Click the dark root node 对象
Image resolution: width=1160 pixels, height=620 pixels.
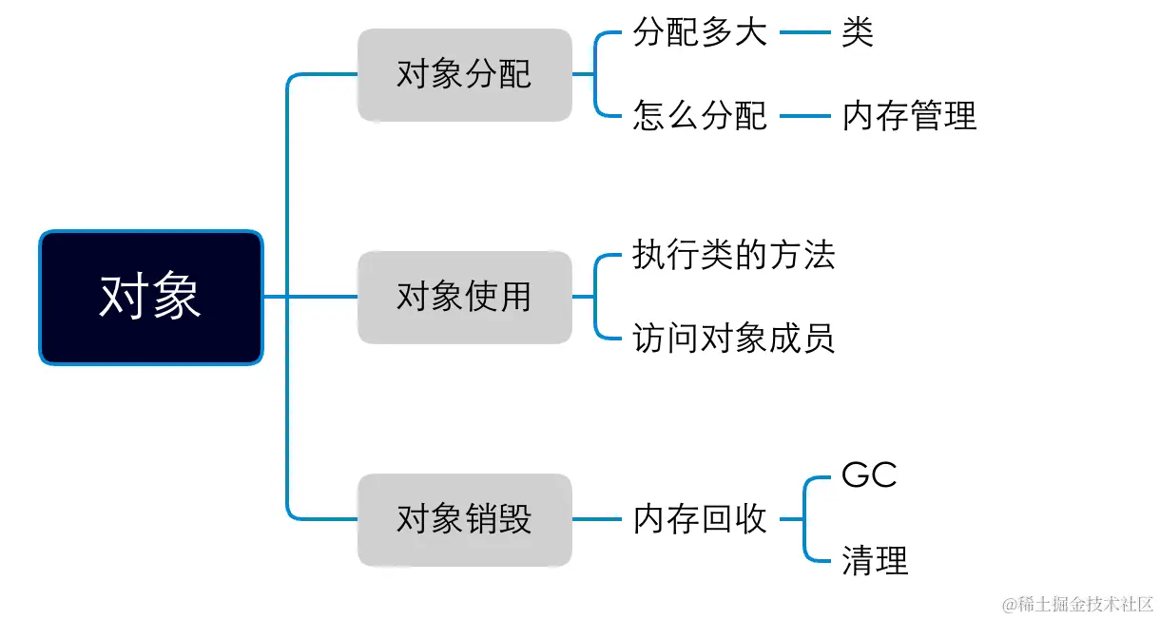point(150,298)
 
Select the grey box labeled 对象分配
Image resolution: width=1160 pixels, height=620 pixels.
point(464,75)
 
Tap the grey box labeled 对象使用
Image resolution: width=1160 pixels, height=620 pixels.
point(464,298)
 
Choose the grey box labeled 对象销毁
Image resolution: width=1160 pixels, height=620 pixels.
point(464,520)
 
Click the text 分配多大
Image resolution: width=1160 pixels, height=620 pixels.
point(700,34)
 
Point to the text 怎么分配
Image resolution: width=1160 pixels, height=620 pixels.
point(700,116)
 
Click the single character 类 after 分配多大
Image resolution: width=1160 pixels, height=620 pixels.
point(858,34)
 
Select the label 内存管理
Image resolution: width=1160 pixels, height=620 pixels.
point(909,116)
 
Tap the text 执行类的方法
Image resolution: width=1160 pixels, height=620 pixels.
point(733,256)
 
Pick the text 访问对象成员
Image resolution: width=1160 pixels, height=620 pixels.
point(733,339)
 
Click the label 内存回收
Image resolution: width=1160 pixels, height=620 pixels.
point(700,520)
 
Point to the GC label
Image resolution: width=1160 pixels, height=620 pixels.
point(869,475)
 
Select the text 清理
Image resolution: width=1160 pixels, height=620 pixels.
point(875,561)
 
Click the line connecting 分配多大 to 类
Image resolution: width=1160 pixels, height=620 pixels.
point(804,34)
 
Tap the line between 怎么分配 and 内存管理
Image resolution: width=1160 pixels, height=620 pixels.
point(804,116)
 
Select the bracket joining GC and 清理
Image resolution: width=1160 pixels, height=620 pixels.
point(804,519)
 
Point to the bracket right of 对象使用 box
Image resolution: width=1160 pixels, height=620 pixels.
point(595,297)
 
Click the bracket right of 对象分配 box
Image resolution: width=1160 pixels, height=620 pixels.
point(595,75)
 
